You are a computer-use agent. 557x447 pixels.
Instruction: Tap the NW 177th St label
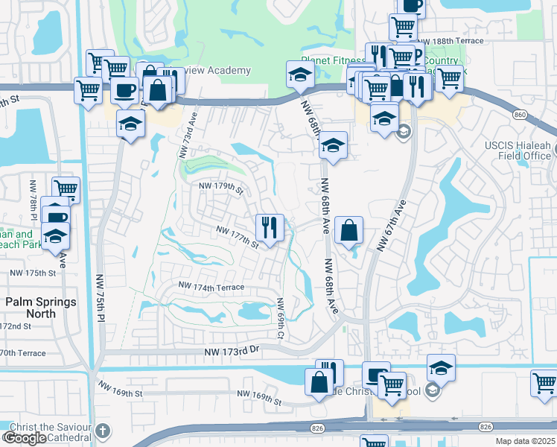(x=237, y=237)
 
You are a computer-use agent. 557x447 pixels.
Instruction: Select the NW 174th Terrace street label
(x=211, y=286)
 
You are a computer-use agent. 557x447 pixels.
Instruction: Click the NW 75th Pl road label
(x=98, y=299)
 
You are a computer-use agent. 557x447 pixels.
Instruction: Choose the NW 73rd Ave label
(x=187, y=135)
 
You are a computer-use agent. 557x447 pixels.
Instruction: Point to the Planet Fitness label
(x=330, y=60)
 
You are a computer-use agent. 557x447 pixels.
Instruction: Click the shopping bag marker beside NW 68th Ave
(x=349, y=230)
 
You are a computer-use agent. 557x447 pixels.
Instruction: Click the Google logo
(x=25, y=438)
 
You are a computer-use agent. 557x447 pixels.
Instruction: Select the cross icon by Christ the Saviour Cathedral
(x=102, y=431)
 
